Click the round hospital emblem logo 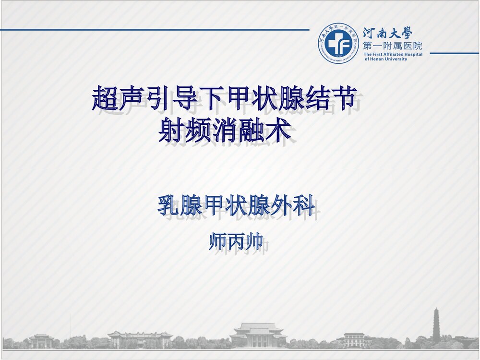pyautogui.click(x=338, y=43)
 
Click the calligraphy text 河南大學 pyautogui.click(x=387, y=33)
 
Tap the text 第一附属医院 pyautogui.click(x=393, y=46)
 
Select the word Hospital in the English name pyautogui.click(x=413, y=54)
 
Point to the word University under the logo pyautogui.click(x=395, y=59)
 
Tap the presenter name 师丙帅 pyautogui.click(x=236, y=241)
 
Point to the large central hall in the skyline pyautogui.click(x=258, y=335)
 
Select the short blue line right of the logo pyautogui.click(x=454, y=53)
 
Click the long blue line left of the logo pyautogui.click(x=154, y=30)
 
